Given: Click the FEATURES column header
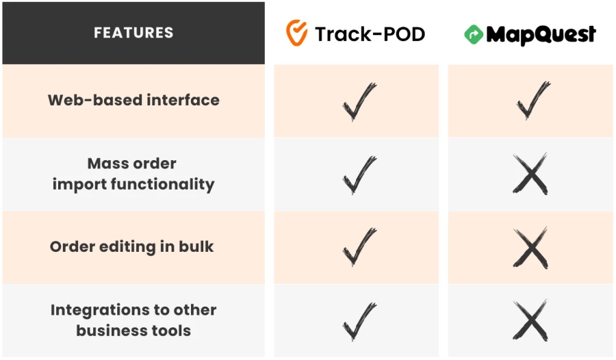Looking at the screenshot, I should (x=133, y=33).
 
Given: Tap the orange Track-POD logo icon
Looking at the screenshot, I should (x=296, y=32).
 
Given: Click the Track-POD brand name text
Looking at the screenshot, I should (x=370, y=34).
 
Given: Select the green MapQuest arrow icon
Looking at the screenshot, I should (x=473, y=34).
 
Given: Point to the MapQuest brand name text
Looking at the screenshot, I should (x=541, y=34).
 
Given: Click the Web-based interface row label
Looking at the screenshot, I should (x=133, y=100).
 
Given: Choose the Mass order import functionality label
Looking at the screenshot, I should (x=133, y=174).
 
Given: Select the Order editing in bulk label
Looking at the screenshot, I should (x=132, y=247).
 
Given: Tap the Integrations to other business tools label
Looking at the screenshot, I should (x=133, y=320).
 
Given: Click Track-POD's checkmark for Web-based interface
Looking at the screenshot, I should (x=359, y=101).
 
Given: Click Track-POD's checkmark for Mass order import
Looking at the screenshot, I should (x=359, y=175).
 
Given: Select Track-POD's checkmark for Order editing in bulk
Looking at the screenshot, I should (x=359, y=247).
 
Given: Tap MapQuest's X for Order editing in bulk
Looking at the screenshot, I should (x=530, y=247).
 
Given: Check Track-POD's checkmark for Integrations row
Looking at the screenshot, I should (x=359, y=321).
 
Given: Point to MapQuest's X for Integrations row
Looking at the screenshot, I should (x=530, y=320).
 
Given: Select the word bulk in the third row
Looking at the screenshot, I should (x=196, y=247).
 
